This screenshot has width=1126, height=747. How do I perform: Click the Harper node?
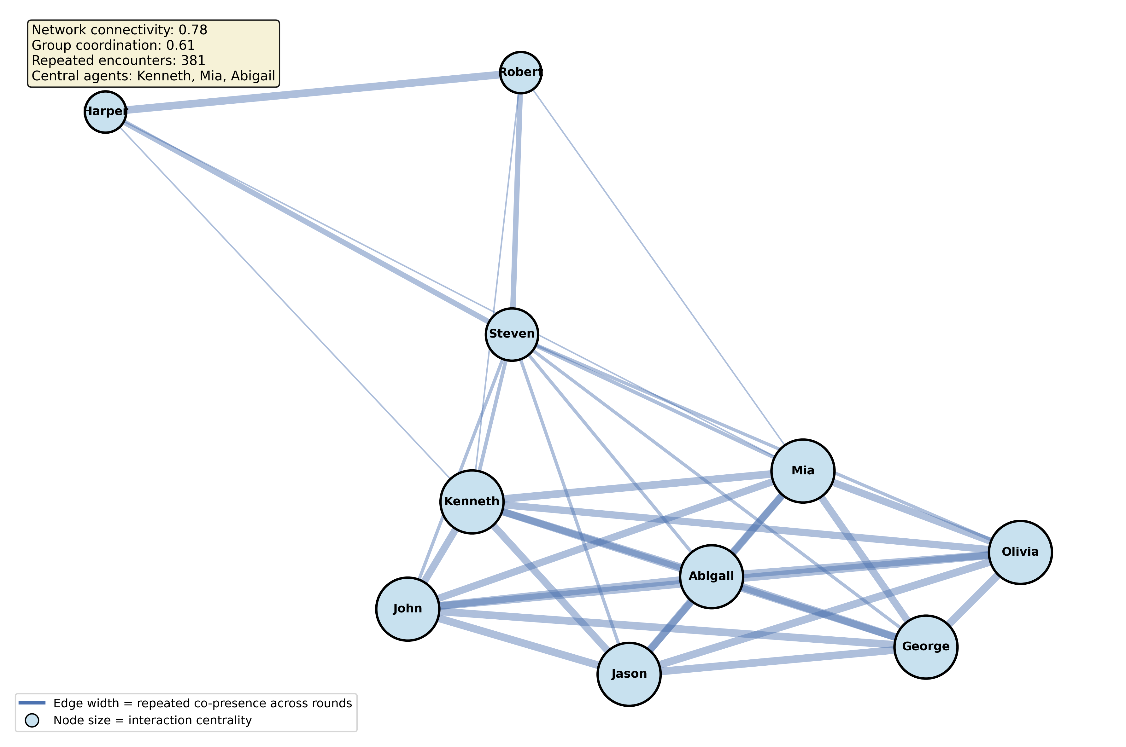(105, 112)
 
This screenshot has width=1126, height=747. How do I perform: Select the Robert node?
(520, 72)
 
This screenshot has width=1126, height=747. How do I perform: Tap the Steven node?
(512, 334)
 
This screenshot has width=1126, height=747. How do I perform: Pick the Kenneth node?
(472, 502)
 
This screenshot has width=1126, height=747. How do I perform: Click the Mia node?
(803, 471)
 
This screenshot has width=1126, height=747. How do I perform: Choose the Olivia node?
(1020, 552)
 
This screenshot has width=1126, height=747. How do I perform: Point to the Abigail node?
(711, 576)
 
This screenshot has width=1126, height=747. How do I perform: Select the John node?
(408, 609)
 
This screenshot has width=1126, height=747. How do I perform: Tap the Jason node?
(629, 674)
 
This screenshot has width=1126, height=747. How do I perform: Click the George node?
(926, 646)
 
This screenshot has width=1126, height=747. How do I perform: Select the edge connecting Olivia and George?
(972, 600)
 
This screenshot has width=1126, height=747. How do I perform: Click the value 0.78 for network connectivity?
(193, 30)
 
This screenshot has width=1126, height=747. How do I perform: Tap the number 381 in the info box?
(193, 61)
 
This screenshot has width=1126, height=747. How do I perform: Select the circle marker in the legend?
(32, 720)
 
